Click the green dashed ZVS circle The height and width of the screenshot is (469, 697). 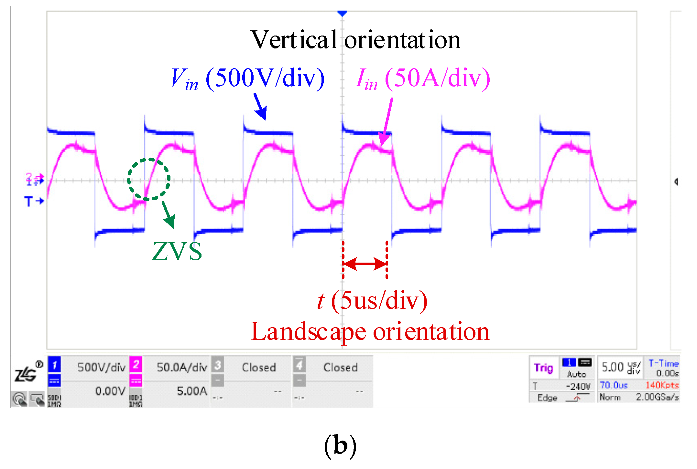[149, 179]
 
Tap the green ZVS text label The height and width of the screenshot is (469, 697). [177, 251]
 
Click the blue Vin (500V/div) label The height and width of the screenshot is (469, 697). [247, 78]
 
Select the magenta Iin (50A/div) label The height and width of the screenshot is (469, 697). [422, 78]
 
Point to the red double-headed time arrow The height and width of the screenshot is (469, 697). [365, 264]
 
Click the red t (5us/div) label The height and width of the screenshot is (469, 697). [372, 301]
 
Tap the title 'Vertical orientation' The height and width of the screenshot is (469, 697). [355, 40]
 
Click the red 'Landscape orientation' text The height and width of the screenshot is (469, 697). [370, 332]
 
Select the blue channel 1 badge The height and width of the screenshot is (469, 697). [54, 365]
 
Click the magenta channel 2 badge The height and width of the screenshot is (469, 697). [136, 365]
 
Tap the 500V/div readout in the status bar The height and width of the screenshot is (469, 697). [101, 367]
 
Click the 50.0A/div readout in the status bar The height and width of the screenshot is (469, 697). [182, 367]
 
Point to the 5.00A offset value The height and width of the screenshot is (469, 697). [192, 391]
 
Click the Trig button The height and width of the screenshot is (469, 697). [544, 368]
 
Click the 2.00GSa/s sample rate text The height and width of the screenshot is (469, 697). [657, 397]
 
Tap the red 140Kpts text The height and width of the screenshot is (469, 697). [662, 385]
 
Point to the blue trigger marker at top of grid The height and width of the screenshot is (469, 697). [342, 14]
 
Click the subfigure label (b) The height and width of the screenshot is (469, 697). [340, 445]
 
